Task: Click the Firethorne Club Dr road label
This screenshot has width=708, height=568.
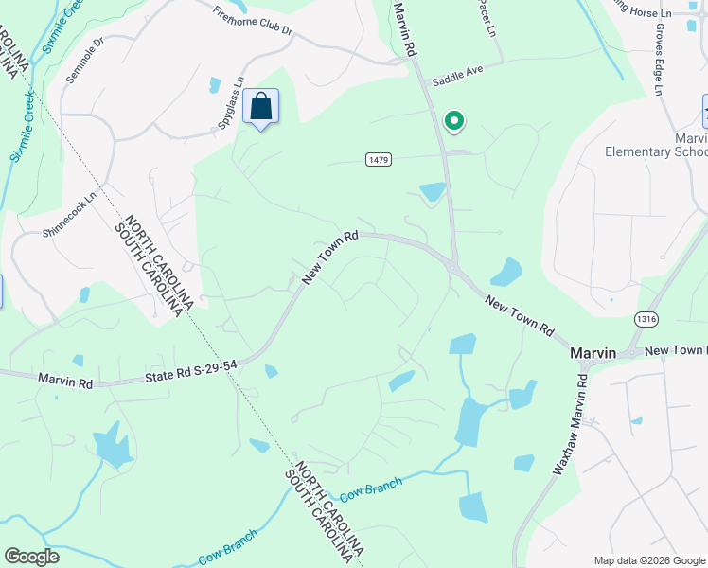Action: (253, 23)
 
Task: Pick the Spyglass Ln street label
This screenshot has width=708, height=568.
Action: (230, 102)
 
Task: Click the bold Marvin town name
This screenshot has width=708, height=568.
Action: (593, 352)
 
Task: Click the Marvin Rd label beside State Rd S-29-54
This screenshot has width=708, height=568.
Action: (65, 381)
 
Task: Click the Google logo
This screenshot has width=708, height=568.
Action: (31, 557)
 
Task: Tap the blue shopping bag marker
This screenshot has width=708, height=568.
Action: (260, 107)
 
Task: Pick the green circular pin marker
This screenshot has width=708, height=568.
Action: (454, 120)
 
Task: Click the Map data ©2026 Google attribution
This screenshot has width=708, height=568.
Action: (648, 560)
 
